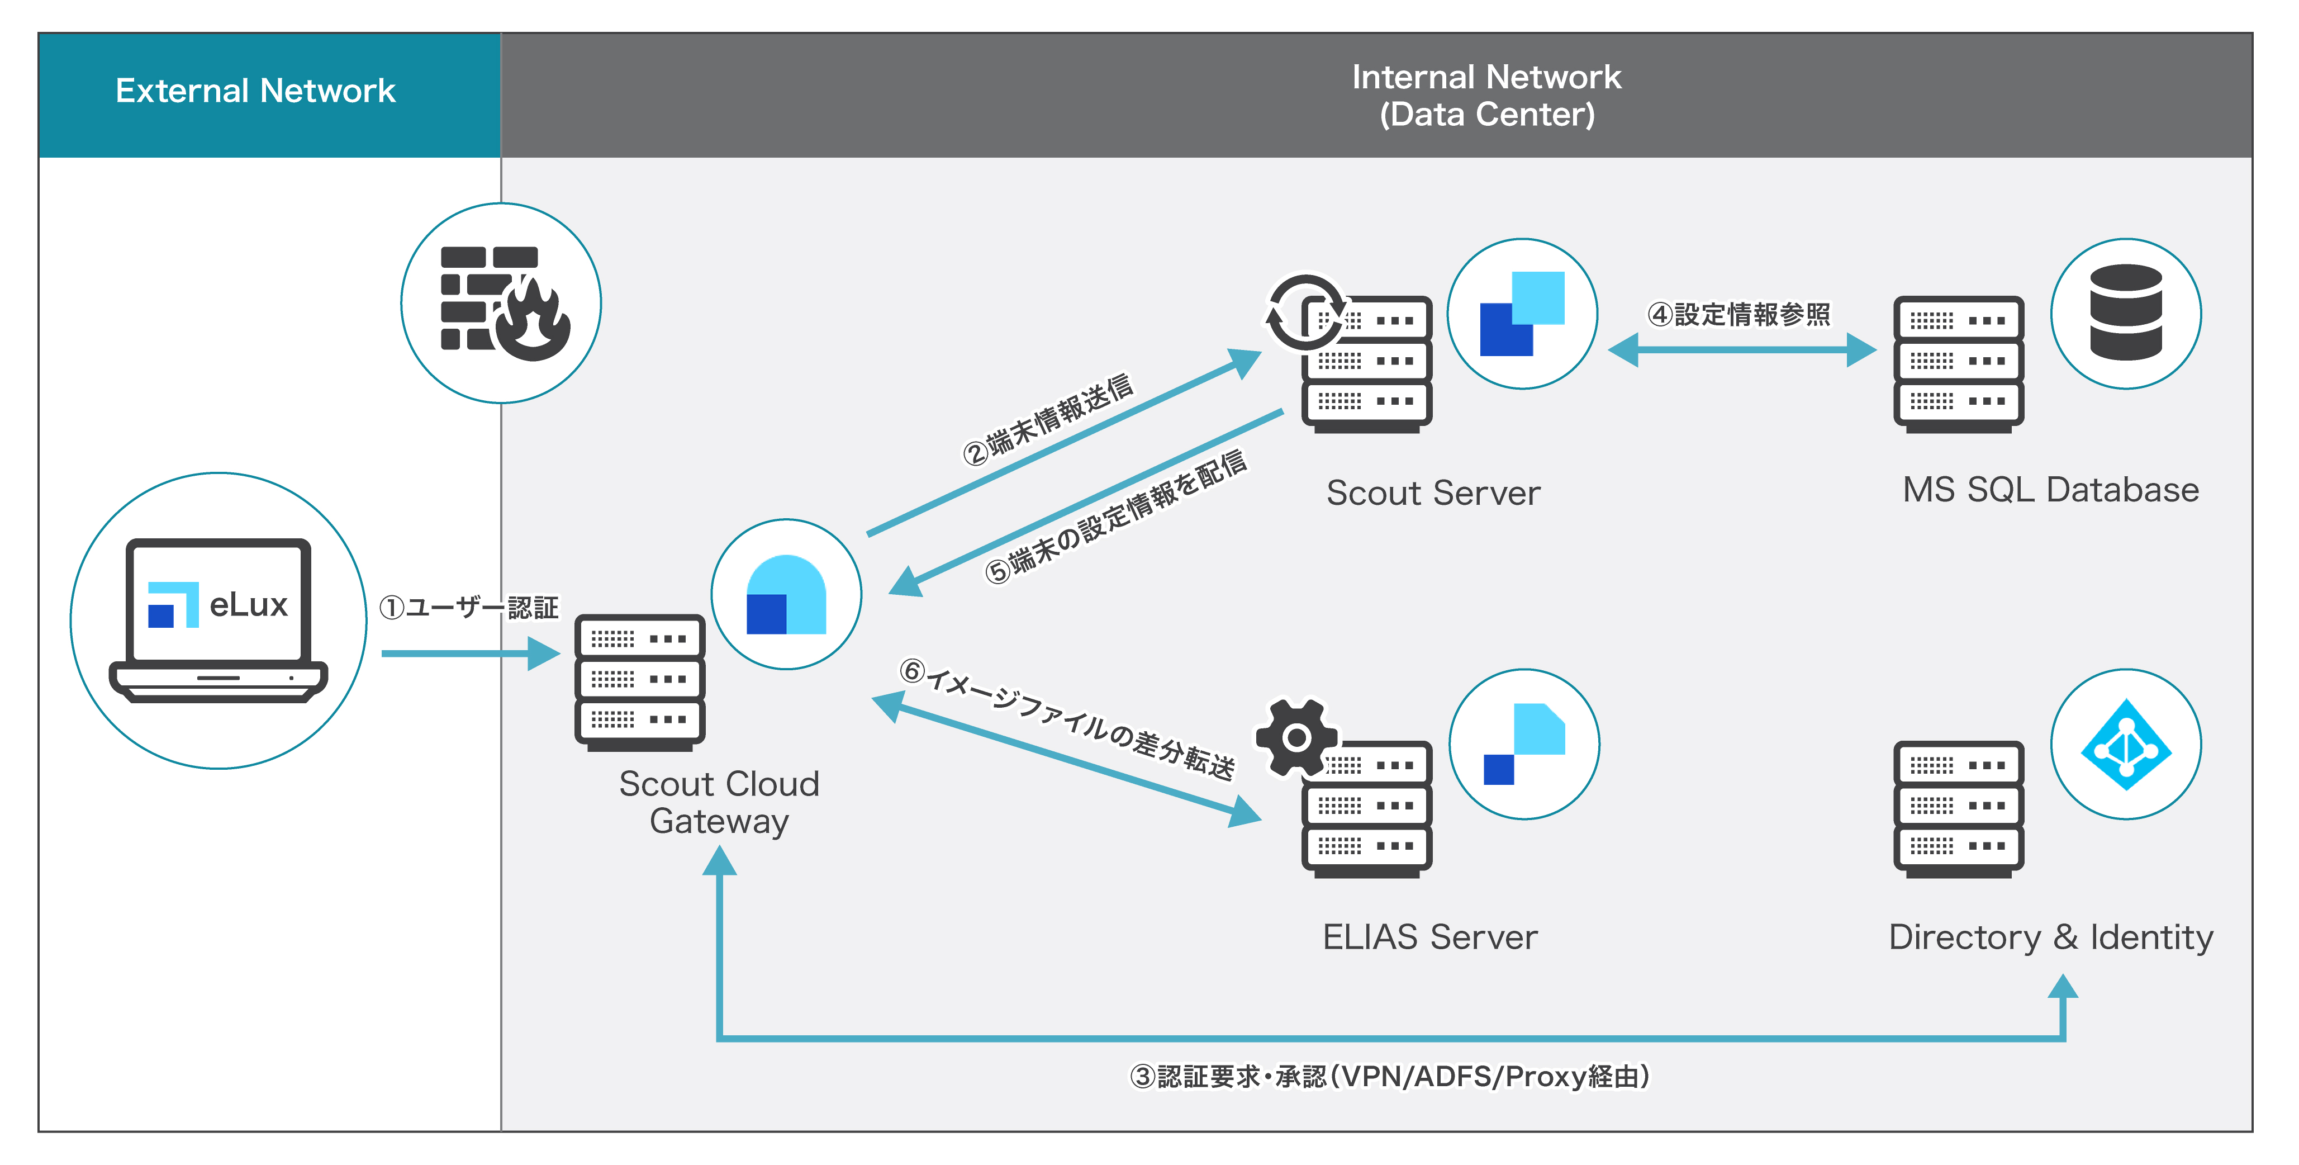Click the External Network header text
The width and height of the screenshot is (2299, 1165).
255,91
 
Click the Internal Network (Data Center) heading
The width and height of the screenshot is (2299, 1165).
1486,96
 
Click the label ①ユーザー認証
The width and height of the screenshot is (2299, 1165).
468,608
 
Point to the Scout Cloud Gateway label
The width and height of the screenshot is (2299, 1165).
719,802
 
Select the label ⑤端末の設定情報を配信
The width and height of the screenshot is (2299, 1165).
1115,517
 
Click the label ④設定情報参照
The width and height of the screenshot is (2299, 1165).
1738,314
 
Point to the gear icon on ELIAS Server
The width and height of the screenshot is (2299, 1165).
1296,737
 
